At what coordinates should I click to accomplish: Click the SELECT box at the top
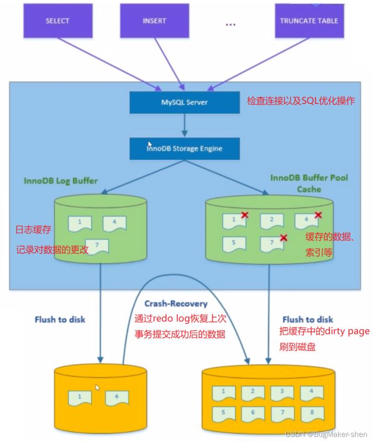57,22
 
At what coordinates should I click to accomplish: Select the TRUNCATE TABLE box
308,22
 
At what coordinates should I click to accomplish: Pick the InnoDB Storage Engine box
184,148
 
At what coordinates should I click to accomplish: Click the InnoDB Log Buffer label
61,181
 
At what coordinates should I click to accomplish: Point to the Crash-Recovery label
176,304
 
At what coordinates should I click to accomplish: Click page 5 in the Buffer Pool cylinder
234,243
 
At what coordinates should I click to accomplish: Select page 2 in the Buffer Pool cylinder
271,220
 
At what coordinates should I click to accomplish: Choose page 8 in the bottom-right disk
312,412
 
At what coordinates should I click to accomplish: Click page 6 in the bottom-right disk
253,412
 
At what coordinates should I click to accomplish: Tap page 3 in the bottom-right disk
282,392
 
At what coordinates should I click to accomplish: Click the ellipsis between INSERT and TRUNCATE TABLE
231,25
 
